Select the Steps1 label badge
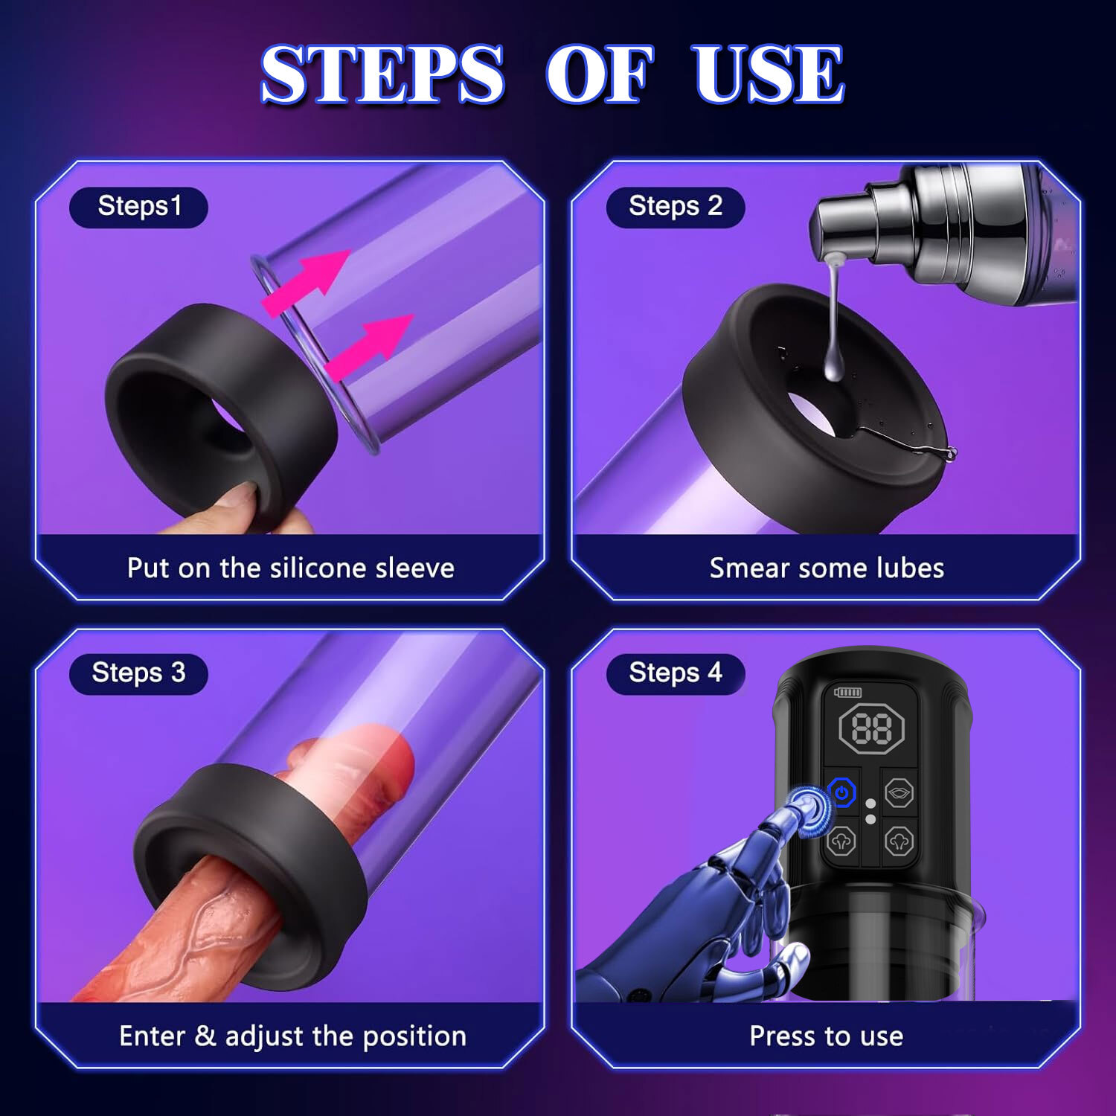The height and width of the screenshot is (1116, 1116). click(x=138, y=207)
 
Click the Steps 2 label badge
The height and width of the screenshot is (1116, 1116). click(x=675, y=207)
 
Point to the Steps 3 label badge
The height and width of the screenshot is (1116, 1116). click(x=138, y=673)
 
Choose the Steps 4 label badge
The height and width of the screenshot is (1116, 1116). click(x=675, y=673)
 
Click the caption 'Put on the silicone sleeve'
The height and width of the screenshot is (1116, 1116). click(x=290, y=568)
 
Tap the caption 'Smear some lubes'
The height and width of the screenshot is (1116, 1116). click(x=826, y=568)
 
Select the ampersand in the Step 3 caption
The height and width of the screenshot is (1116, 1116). click(x=205, y=1036)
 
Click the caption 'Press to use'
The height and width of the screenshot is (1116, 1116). click(x=826, y=1036)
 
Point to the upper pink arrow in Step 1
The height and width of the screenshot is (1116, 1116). click(x=309, y=279)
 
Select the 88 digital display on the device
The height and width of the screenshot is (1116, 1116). click(x=870, y=728)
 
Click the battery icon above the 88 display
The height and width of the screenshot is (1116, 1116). click(x=847, y=692)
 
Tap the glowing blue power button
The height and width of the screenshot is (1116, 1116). click(x=841, y=793)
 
